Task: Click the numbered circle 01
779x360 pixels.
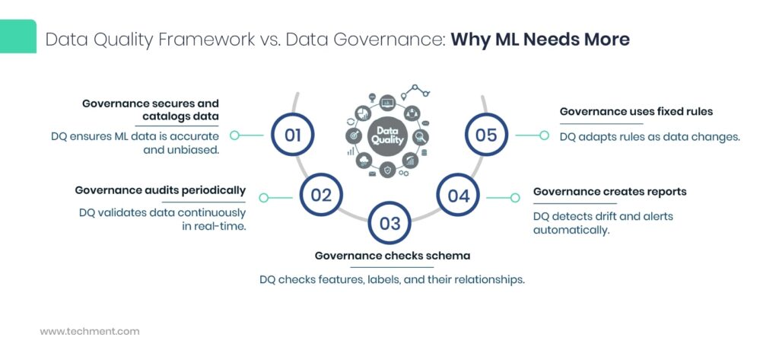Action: (x=293, y=135)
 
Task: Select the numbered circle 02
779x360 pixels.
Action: (x=321, y=196)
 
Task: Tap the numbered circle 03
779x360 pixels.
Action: (x=389, y=223)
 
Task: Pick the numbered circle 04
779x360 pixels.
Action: (x=458, y=196)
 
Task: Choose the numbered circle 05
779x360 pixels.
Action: (x=486, y=135)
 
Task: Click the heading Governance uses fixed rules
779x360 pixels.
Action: (x=636, y=111)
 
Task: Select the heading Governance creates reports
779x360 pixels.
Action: (x=609, y=191)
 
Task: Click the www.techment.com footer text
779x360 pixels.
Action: (x=90, y=332)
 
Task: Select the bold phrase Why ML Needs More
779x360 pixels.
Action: (x=540, y=40)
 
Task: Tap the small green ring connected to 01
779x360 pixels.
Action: (x=235, y=135)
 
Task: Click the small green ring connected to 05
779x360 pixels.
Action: (x=544, y=135)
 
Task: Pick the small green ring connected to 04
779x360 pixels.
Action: (x=515, y=198)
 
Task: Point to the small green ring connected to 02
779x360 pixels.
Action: (x=264, y=198)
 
